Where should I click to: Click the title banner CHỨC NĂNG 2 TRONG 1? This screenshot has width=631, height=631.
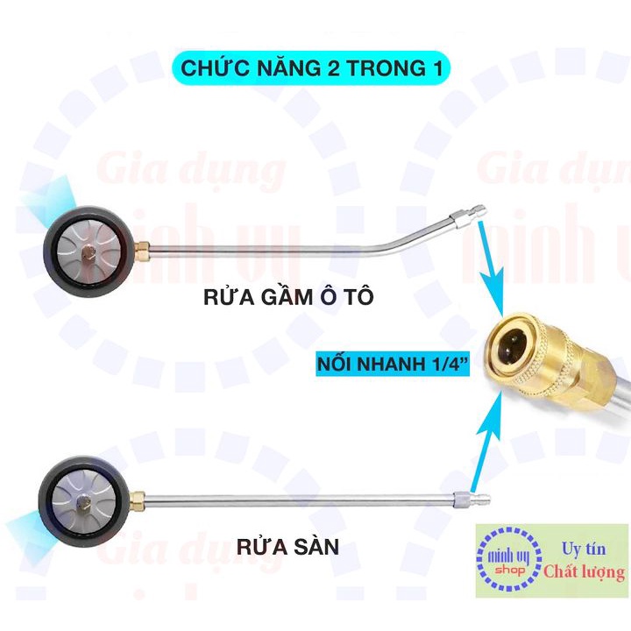tap(311, 67)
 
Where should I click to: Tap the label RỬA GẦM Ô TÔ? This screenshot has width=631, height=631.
tap(288, 297)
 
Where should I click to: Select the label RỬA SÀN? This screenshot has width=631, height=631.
tap(287, 547)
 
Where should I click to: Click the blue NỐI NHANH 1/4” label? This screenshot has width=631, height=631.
tap(393, 365)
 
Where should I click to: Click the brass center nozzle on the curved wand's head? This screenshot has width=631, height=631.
tap(86, 253)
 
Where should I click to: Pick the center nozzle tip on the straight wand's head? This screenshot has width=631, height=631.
tap(82, 500)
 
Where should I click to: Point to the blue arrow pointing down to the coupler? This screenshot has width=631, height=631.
tap(491, 269)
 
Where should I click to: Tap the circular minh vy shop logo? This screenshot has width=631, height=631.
tap(509, 560)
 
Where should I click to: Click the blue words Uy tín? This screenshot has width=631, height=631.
tap(584, 549)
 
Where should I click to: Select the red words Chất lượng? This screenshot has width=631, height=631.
tap(585, 572)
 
